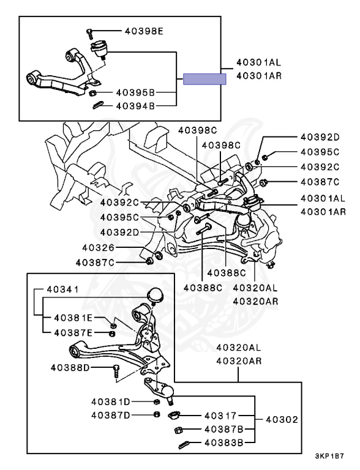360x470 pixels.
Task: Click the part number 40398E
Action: point(144,31)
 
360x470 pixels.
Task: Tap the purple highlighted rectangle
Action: point(204,79)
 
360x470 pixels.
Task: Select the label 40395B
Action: point(135,92)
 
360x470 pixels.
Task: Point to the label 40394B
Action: point(135,106)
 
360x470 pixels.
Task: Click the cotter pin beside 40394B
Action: point(98,105)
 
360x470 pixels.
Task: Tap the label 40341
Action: point(63,289)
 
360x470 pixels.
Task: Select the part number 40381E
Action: point(73,318)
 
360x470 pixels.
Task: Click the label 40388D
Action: point(70,367)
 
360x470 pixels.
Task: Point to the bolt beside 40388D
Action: point(117,373)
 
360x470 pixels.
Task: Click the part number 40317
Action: point(220,416)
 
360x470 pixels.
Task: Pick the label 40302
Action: point(282,420)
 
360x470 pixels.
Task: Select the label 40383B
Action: point(224,442)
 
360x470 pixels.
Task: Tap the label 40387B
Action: point(224,430)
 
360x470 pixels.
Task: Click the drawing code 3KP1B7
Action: point(329,456)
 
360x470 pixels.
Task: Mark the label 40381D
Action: point(111,401)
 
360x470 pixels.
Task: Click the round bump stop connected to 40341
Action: point(155,294)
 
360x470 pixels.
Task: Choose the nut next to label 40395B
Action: point(92,93)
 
